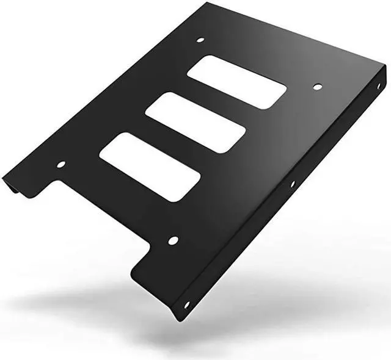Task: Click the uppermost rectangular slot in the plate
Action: click(x=236, y=82)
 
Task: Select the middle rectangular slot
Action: click(x=195, y=123)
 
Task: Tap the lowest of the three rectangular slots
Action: click(x=150, y=167)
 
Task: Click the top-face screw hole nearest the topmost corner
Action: click(x=200, y=40)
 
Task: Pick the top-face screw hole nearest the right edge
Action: click(x=317, y=87)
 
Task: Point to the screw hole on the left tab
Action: click(x=60, y=164)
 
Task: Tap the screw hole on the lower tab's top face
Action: click(x=173, y=240)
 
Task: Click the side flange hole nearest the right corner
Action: click(x=378, y=86)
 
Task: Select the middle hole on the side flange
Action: click(x=292, y=184)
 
